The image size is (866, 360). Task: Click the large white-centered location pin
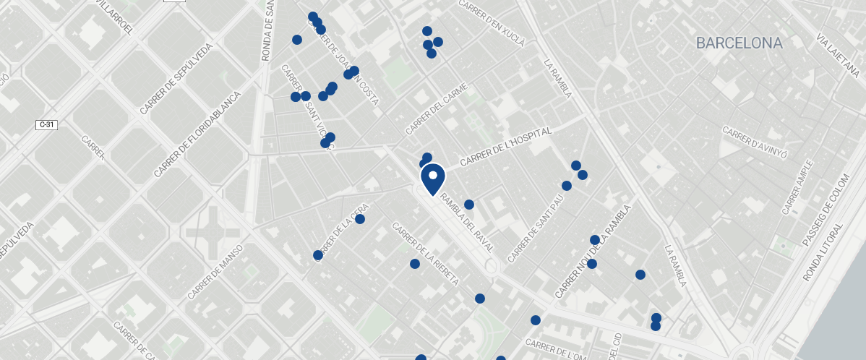(x=432, y=178)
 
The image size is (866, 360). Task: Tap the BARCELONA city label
(x=739, y=43)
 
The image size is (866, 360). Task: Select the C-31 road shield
(x=46, y=125)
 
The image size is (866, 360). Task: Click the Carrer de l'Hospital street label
(x=506, y=147)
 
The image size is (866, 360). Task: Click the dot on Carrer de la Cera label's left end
(x=317, y=255)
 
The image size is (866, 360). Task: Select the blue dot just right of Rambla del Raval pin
(x=468, y=205)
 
